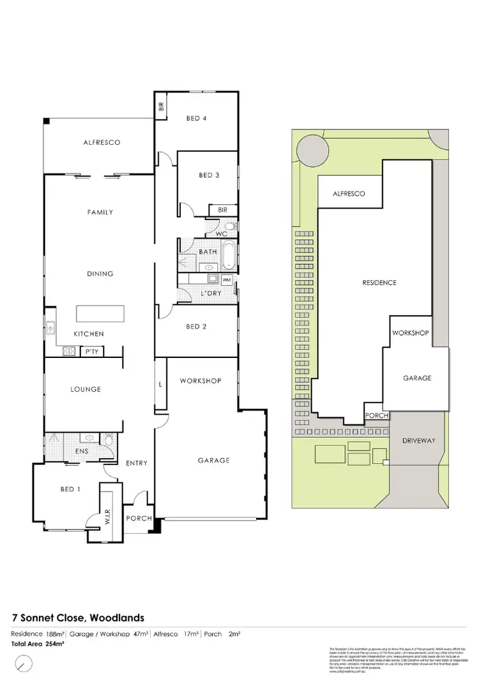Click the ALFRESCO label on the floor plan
102,142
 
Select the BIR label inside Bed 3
223,209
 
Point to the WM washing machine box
227,279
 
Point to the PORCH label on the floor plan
139,519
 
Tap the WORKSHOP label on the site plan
410,332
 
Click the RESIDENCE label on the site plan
379,283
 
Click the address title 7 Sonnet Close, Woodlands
79,618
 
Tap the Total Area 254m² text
38,644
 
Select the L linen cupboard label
160,384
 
